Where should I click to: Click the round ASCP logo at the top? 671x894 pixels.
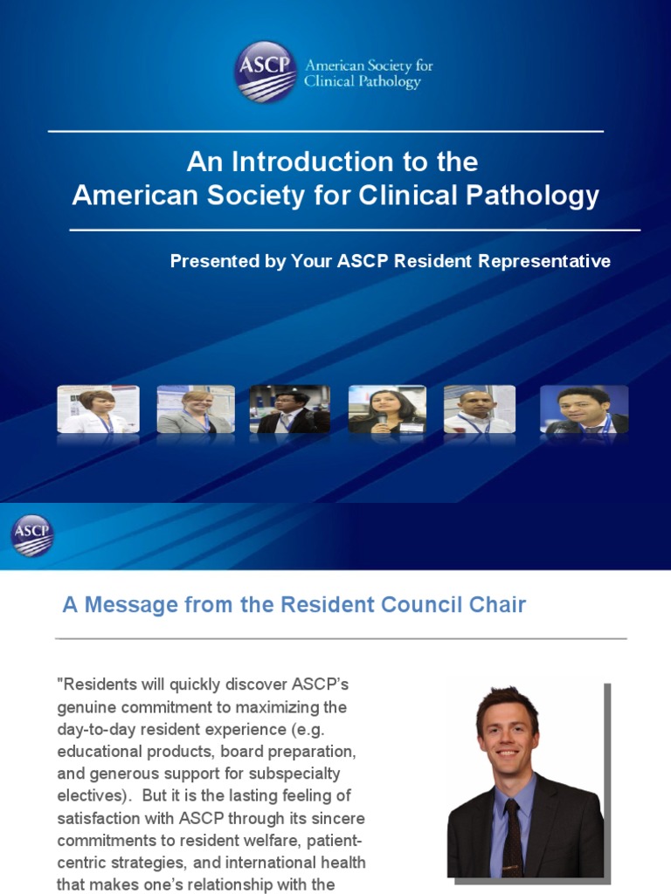coord(266,72)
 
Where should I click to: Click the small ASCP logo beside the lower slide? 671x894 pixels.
coord(32,535)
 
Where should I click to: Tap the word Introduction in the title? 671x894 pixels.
coord(315,162)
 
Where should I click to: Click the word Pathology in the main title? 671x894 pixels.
coord(540,195)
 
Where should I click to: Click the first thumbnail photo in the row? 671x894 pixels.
coord(98,409)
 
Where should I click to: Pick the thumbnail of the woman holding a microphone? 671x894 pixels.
coord(387,409)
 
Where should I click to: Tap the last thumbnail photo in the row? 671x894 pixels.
coord(584,409)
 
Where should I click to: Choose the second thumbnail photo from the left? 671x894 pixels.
coord(196,409)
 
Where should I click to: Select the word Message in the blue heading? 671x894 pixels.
coord(126,604)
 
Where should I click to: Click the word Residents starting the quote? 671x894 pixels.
coord(96,684)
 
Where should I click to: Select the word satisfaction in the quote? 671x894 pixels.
coord(100,819)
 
